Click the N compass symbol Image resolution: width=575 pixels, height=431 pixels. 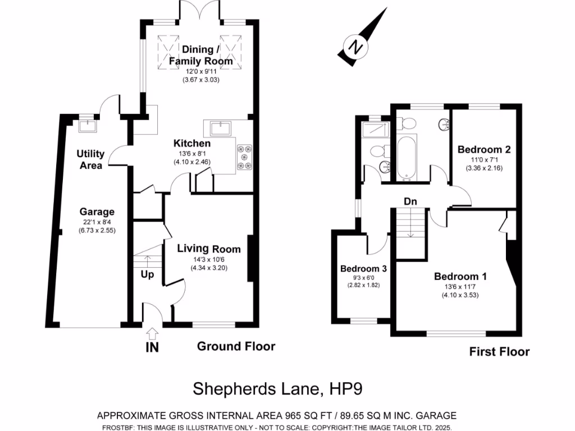coord(354,46)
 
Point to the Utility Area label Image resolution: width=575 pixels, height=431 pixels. coord(90,159)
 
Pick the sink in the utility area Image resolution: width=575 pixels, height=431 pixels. coord(87,125)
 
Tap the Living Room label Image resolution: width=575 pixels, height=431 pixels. coord(209,249)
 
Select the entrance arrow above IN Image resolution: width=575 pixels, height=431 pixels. coord(152,333)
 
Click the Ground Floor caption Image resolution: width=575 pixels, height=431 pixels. coord(236,346)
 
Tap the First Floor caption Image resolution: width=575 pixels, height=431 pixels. coord(499,352)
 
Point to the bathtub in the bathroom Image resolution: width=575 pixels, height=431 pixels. coord(407,159)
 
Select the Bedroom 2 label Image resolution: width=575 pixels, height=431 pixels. coord(483,150)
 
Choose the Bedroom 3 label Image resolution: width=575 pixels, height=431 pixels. coord(363,269)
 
